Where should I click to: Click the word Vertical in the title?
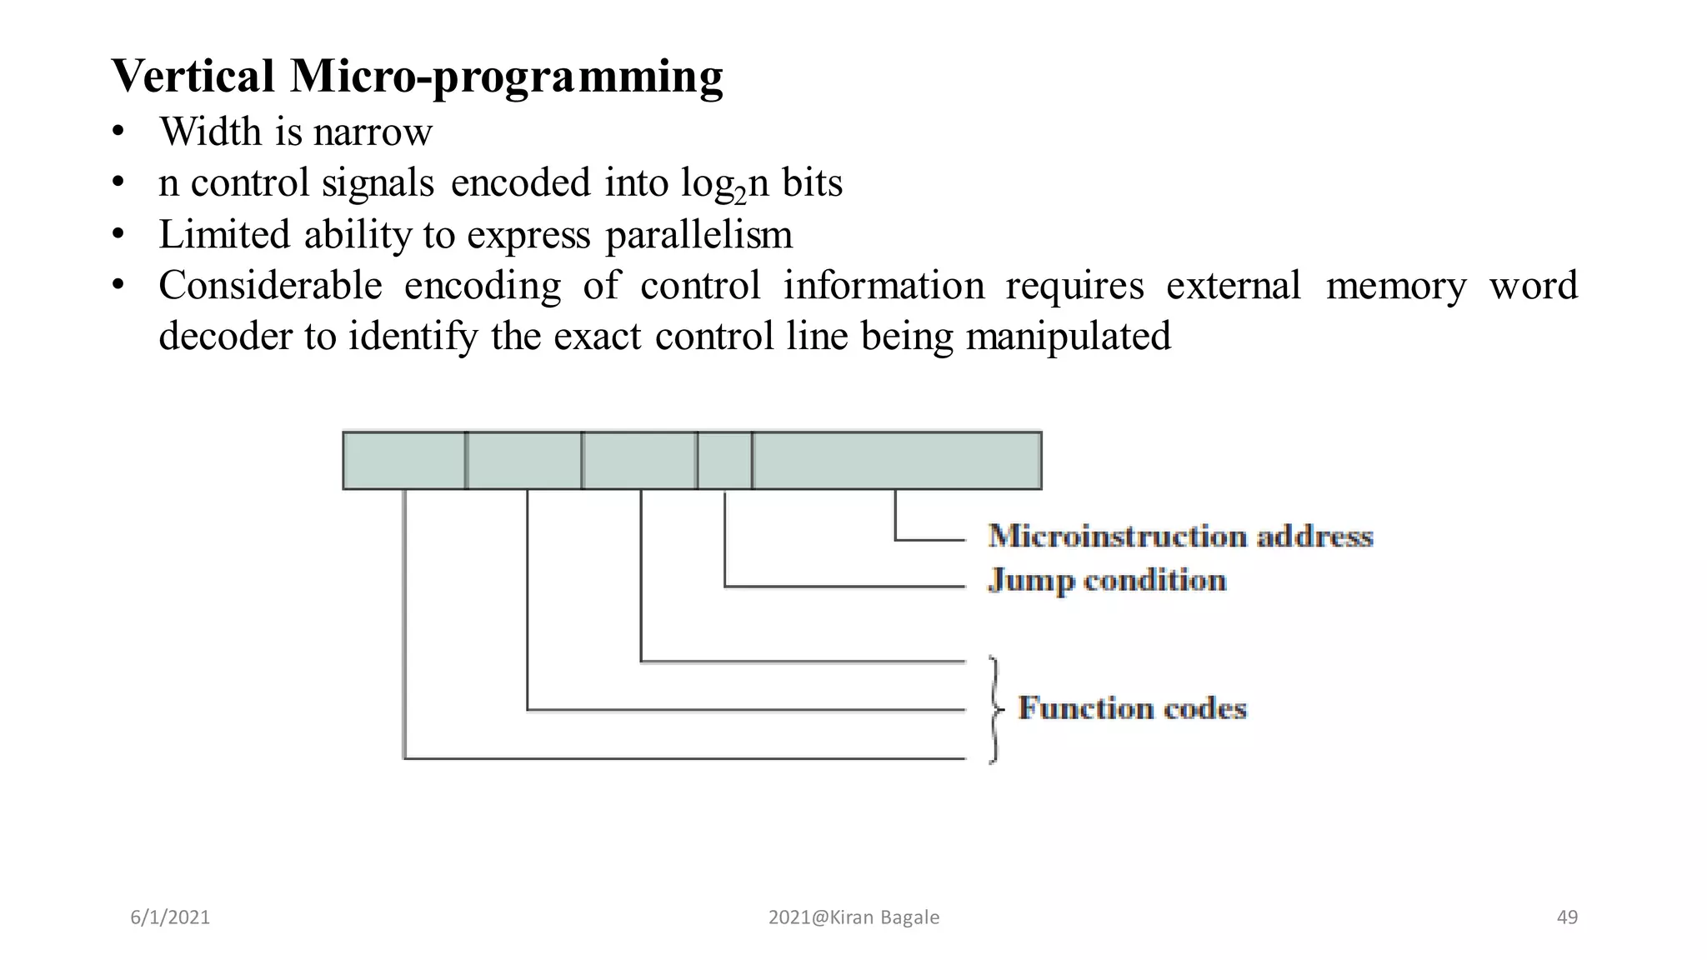pyautogui.click(x=193, y=77)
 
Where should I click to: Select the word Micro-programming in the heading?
pyautogui.click(x=506, y=77)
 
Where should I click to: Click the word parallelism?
pyautogui.click(x=698, y=235)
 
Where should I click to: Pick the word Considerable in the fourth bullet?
pyautogui.click(x=270, y=286)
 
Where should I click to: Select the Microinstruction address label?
pyautogui.click(x=1179, y=536)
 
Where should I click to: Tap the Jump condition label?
pyautogui.click(x=1107, y=580)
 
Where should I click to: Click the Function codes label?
pyautogui.click(x=1132, y=708)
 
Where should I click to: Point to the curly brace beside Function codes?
pyautogui.click(x=994, y=709)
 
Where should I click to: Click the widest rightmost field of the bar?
pyautogui.click(x=896, y=460)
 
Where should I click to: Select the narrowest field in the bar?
pyautogui.click(x=724, y=460)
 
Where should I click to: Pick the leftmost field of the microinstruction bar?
pyautogui.click(x=404, y=460)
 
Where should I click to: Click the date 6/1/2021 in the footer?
pyautogui.click(x=170, y=917)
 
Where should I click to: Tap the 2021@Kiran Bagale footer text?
pyautogui.click(x=853, y=917)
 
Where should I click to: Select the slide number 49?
pyautogui.click(x=1567, y=917)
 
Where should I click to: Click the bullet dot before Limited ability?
pyautogui.click(x=118, y=234)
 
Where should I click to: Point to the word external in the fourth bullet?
pyautogui.click(x=1233, y=286)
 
